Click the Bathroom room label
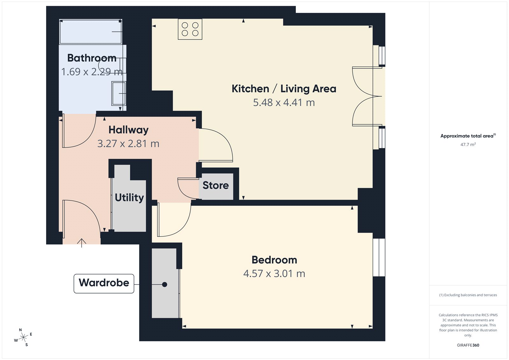coord(92,58)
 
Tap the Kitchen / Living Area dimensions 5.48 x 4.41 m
coord(284,102)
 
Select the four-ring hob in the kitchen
coord(190,29)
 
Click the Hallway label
coord(129,130)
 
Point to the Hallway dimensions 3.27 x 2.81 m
coord(128,144)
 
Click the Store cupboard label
coord(216,185)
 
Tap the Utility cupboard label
coord(129,197)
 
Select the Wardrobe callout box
coord(104,283)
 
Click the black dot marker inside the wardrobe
coord(164,285)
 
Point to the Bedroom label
coord(274,260)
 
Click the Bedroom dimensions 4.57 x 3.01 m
coord(274,273)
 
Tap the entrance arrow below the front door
coord(82,243)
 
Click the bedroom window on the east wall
coord(379,257)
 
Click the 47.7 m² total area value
coord(468,145)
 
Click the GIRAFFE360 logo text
coord(468,345)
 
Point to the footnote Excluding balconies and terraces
coord(468,295)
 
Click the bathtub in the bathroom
coord(91,32)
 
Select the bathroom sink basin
coord(118,93)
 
